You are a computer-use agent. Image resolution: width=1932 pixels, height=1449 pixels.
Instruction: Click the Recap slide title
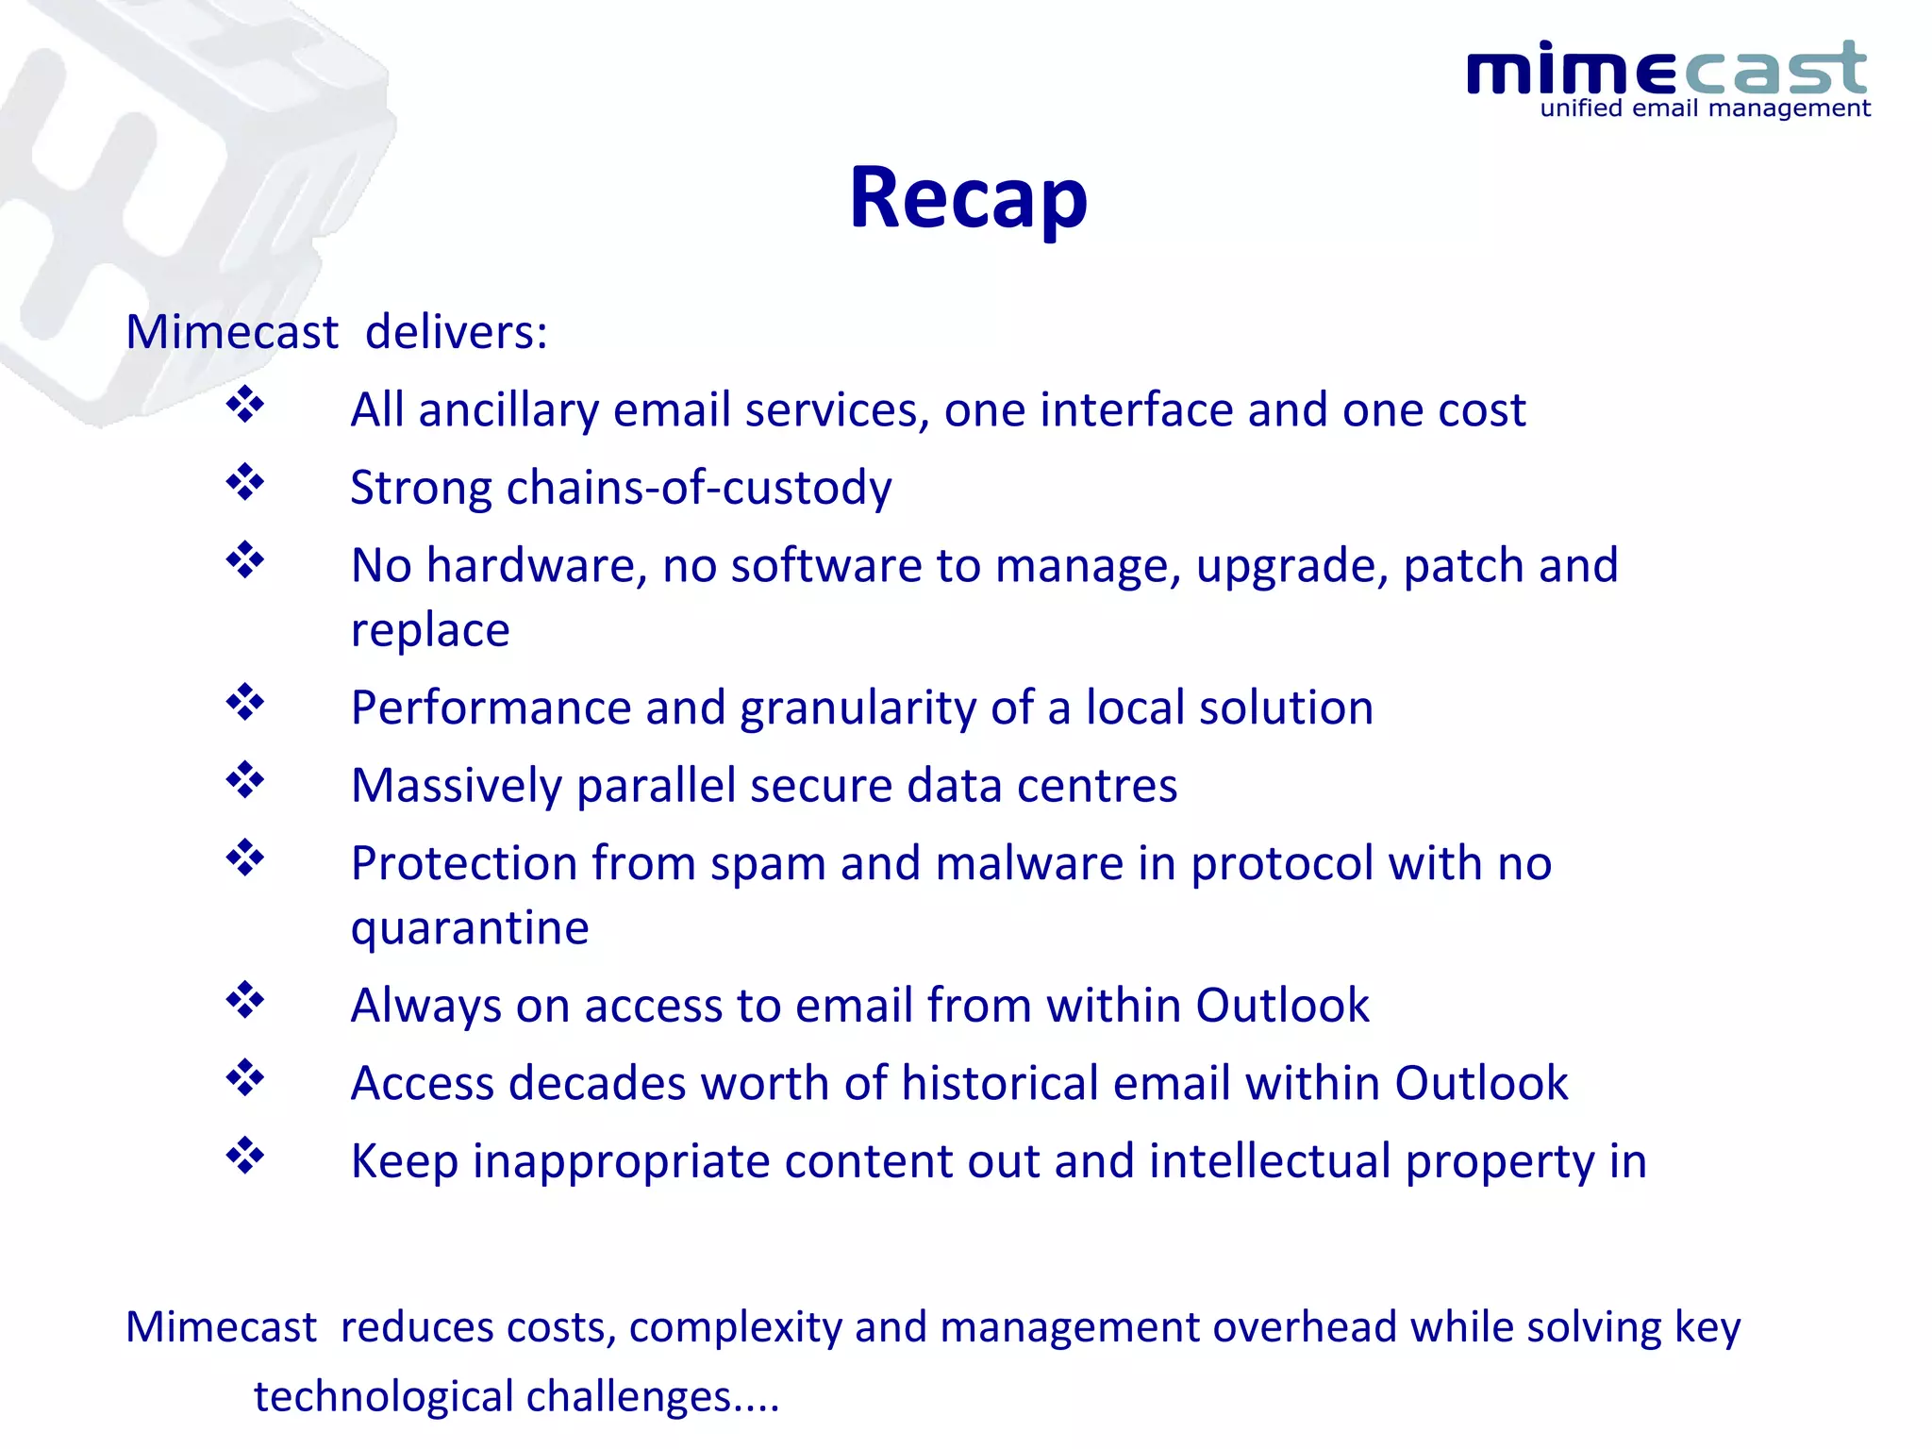click(968, 198)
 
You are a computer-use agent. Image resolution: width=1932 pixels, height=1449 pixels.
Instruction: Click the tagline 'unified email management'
click(1705, 108)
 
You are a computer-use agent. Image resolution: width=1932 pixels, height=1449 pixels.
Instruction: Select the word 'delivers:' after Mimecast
click(456, 332)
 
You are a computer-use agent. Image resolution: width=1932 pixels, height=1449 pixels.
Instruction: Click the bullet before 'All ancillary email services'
click(245, 405)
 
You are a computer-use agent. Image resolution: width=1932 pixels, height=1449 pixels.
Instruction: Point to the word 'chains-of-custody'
click(699, 488)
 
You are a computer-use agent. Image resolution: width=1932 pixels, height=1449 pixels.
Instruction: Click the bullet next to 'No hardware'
click(245, 560)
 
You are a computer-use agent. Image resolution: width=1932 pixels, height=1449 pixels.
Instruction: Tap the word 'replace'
click(430, 630)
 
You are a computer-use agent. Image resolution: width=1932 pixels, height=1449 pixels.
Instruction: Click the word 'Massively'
click(456, 786)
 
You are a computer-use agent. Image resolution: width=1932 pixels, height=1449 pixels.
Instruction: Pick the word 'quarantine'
click(470, 928)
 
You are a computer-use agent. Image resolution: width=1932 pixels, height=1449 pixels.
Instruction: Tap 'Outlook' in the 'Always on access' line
click(1282, 1006)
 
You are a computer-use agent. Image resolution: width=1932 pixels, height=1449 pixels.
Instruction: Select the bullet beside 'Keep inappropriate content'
click(245, 1156)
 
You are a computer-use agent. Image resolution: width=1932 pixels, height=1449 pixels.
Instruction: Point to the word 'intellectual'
click(1270, 1161)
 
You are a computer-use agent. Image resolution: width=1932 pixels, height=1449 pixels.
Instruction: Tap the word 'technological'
click(383, 1397)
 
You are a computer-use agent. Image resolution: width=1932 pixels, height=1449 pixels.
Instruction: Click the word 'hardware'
click(536, 566)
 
